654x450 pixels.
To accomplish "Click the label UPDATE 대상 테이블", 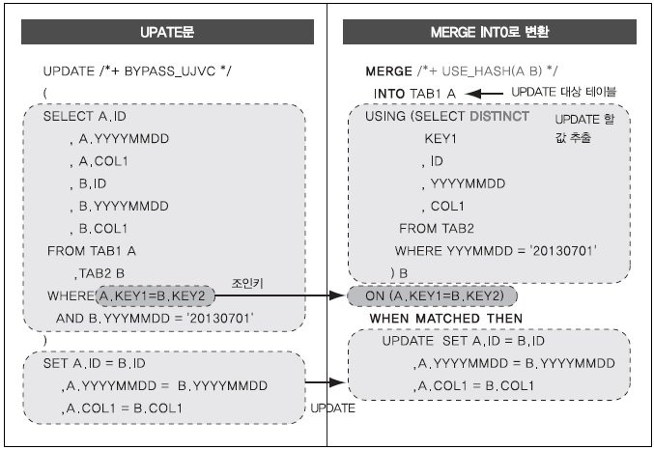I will point(563,91).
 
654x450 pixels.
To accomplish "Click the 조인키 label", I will point(243,285).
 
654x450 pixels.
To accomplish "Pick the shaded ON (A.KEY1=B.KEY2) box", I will point(433,295).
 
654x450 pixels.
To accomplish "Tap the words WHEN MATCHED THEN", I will point(446,318).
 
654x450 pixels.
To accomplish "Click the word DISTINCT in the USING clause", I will point(498,116).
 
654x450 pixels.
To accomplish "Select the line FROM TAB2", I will point(437,229).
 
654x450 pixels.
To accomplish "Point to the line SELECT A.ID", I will point(84,116).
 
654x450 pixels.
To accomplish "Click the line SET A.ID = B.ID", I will point(95,363).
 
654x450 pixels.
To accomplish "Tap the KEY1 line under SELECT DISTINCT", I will point(441,138).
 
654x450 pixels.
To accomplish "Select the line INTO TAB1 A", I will point(413,93).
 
